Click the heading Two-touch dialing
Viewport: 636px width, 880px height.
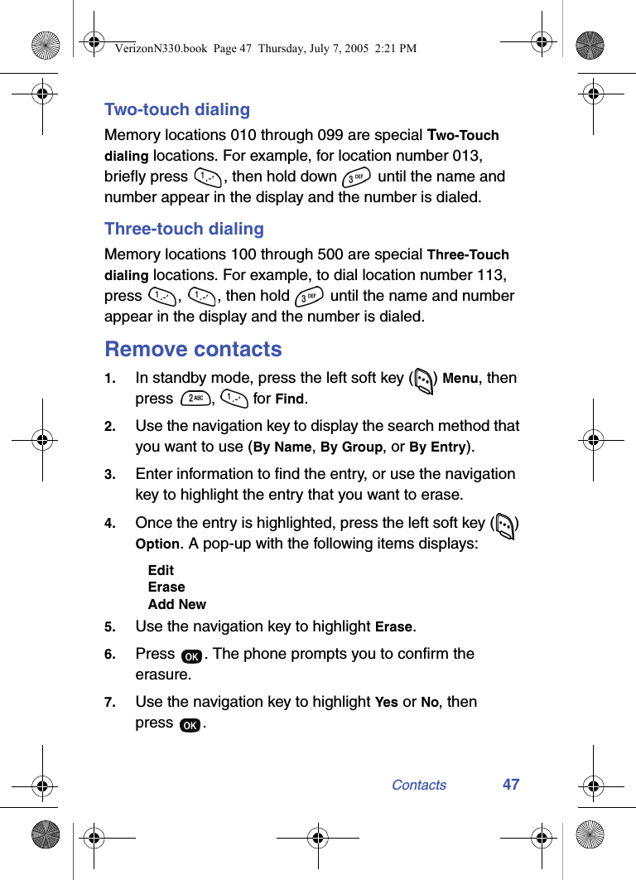pos(176,109)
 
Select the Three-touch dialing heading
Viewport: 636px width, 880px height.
pos(184,229)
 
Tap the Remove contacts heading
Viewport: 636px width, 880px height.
pos(193,349)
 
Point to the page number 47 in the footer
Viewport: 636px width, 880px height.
pos(511,784)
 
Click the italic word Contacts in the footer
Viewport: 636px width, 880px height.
pos(418,785)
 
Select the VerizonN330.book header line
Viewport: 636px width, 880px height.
pos(265,49)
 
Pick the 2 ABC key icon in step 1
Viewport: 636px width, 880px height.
pos(195,399)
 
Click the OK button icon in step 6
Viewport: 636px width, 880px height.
pos(190,655)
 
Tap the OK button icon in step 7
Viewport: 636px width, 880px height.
pos(190,724)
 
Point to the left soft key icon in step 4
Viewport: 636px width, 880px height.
pos(505,525)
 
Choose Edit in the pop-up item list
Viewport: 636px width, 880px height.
pos(161,570)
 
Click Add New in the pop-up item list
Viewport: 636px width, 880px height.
pos(177,604)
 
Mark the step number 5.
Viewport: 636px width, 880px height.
pos(109,627)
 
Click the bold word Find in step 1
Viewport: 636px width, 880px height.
pos(289,399)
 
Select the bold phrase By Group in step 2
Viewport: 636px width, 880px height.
pos(351,447)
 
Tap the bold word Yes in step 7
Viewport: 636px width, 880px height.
pos(386,702)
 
